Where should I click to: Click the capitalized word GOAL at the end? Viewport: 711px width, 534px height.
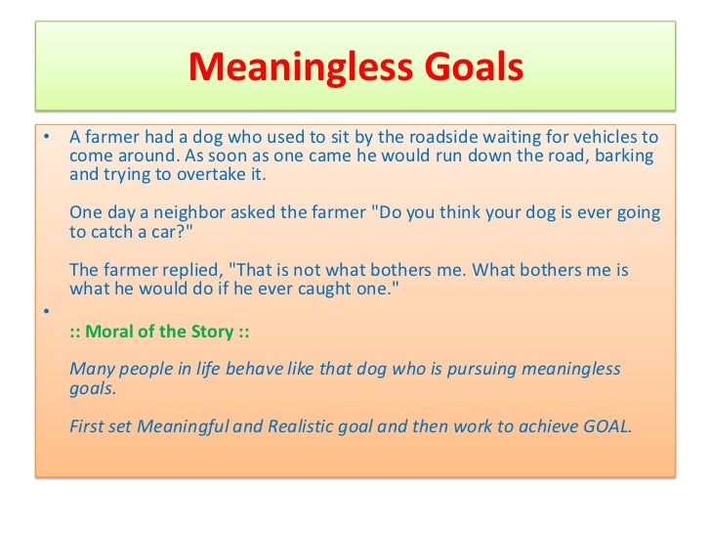click(x=606, y=426)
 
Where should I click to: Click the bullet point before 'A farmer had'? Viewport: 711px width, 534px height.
click(x=45, y=136)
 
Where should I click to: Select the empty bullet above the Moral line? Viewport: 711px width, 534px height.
click(x=45, y=309)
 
